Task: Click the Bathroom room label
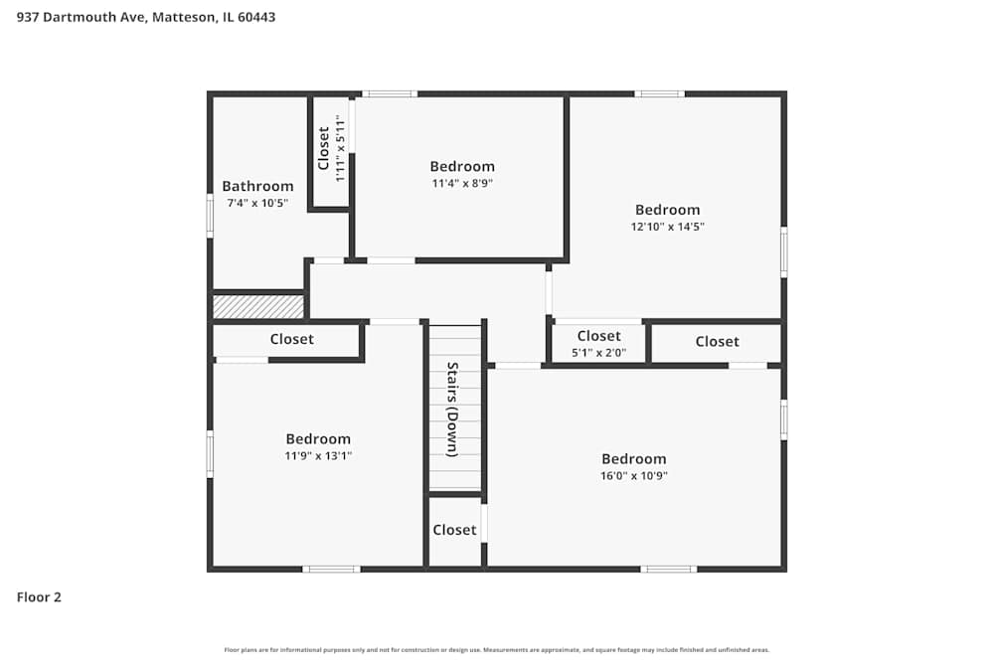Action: [x=257, y=186]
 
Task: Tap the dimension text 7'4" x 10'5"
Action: [x=257, y=203]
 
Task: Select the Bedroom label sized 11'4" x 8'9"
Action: [x=462, y=166]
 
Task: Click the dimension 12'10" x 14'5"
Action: [x=668, y=227]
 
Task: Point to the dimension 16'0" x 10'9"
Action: [x=633, y=475]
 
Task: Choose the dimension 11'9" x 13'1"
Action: [x=318, y=455]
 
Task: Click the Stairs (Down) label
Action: [x=452, y=409]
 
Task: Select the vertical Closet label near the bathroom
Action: [x=324, y=148]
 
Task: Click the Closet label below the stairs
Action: [x=454, y=530]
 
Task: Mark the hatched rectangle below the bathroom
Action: [x=258, y=306]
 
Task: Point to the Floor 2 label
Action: [x=39, y=597]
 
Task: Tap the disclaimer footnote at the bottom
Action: [x=496, y=650]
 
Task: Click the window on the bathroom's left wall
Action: [x=210, y=215]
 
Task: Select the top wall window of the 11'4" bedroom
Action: [x=389, y=93]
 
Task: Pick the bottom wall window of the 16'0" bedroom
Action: [x=668, y=569]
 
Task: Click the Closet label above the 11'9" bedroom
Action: [x=291, y=339]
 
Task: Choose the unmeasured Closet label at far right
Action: [x=717, y=341]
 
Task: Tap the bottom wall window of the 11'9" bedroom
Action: [x=331, y=569]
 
